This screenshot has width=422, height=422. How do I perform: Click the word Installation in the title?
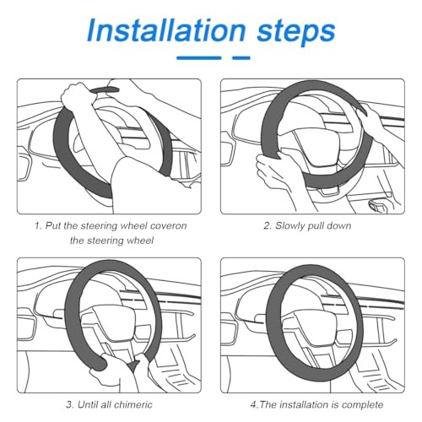[x=166, y=30]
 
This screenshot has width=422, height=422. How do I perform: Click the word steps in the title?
[x=296, y=33]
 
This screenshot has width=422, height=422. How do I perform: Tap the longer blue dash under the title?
[x=199, y=58]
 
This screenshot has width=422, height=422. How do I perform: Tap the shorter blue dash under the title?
[x=241, y=58]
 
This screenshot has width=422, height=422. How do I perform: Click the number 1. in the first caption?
[x=38, y=225]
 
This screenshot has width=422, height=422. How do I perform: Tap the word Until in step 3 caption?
[x=87, y=404]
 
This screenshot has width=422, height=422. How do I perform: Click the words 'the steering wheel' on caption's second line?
[x=111, y=241]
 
